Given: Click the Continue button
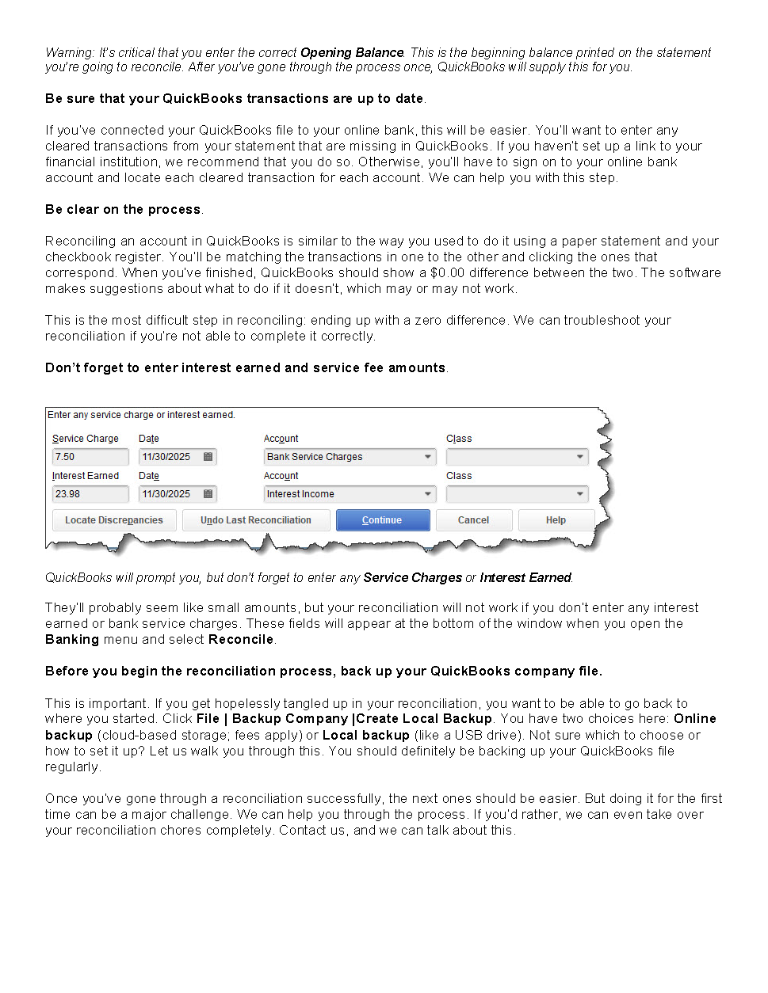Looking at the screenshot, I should (383, 520).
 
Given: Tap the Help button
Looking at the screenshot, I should (556, 520).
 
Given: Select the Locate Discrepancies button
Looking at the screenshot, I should (114, 520).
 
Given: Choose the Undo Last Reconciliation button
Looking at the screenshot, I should (255, 520).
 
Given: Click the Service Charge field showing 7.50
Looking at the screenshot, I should (90, 457).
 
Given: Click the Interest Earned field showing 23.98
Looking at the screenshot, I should (90, 494).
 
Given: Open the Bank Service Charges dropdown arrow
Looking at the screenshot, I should (428, 457).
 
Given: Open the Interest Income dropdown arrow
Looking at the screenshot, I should (428, 494).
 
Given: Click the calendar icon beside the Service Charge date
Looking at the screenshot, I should (208, 457).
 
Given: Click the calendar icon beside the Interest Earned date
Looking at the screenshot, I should (208, 494).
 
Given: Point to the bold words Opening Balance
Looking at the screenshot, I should (352, 53).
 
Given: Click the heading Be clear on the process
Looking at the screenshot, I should (123, 210).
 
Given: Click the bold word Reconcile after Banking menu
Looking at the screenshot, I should (241, 640).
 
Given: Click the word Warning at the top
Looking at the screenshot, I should (69, 53).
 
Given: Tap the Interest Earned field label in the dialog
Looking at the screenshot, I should (86, 476).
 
